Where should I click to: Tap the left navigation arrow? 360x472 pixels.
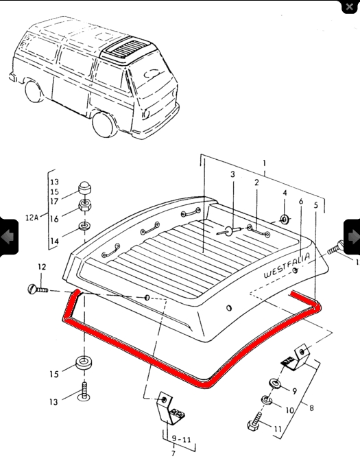click(x=9, y=237)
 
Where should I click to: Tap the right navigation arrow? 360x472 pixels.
click(x=351, y=237)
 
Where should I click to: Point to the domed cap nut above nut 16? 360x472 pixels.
click(x=86, y=189)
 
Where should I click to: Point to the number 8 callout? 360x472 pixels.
click(x=312, y=408)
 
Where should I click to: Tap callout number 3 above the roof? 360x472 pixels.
click(x=232, y=175)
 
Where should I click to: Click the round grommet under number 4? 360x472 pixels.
click(x=283, y=220)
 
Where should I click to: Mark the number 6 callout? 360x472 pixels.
click(x=300, y=202)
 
